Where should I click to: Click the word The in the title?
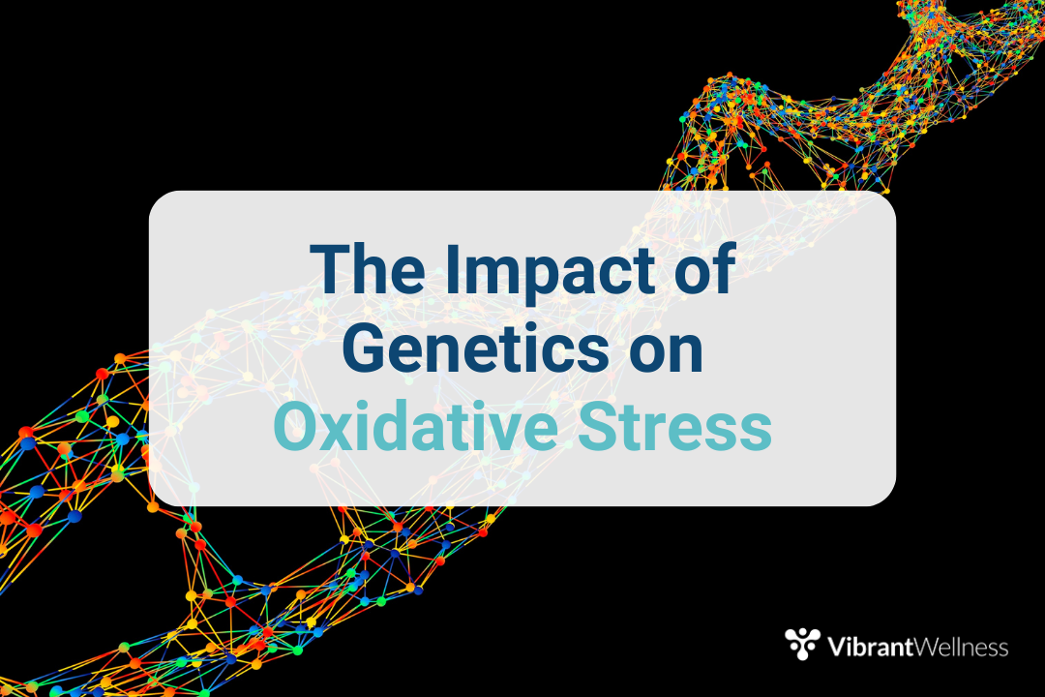point(368,268)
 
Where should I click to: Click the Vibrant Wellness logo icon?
point(802,644)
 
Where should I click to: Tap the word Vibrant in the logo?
point(870,647)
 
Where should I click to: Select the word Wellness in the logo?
point(961,647)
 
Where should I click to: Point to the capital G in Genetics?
point(364,348)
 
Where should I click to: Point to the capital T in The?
point(331,268)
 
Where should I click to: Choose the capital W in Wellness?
point(927,647)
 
